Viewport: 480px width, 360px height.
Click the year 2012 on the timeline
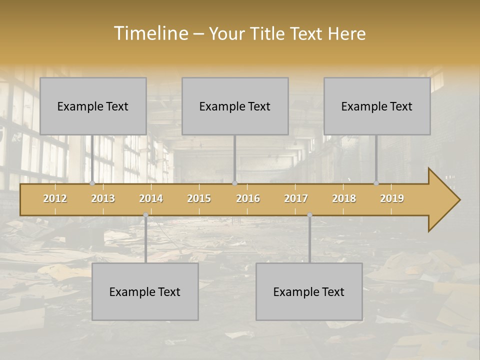(x=55, y=198)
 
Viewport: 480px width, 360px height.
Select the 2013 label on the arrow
(x=103, y=198)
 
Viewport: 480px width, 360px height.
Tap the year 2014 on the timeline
(x=151, y=198)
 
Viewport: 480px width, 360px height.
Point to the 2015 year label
(x=199, y=198)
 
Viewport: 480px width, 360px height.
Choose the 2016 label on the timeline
(x=248, y=198)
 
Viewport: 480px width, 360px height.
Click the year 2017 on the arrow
(x=296, y=198)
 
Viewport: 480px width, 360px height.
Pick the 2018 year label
(x=344, y=198)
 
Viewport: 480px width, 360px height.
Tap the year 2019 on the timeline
(x=392, y=198)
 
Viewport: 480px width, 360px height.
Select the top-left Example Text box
(x=93, y=106)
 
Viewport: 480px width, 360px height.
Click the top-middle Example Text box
(x=235, y=106)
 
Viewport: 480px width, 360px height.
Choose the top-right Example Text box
(x=377, y=106)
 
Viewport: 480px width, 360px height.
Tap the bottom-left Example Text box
(x=145, y=291)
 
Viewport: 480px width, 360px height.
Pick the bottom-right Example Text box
(x=309, y=291)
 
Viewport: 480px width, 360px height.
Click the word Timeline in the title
(x=150, y=33)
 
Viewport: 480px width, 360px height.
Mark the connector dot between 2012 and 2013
(x=92, y=183)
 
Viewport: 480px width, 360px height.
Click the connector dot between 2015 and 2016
(x=234, y=183)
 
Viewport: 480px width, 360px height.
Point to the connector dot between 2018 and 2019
(x=376, y=183)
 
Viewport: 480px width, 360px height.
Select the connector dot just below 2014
(x=145, y=215)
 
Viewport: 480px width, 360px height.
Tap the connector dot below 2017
(x=309, y=215)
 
